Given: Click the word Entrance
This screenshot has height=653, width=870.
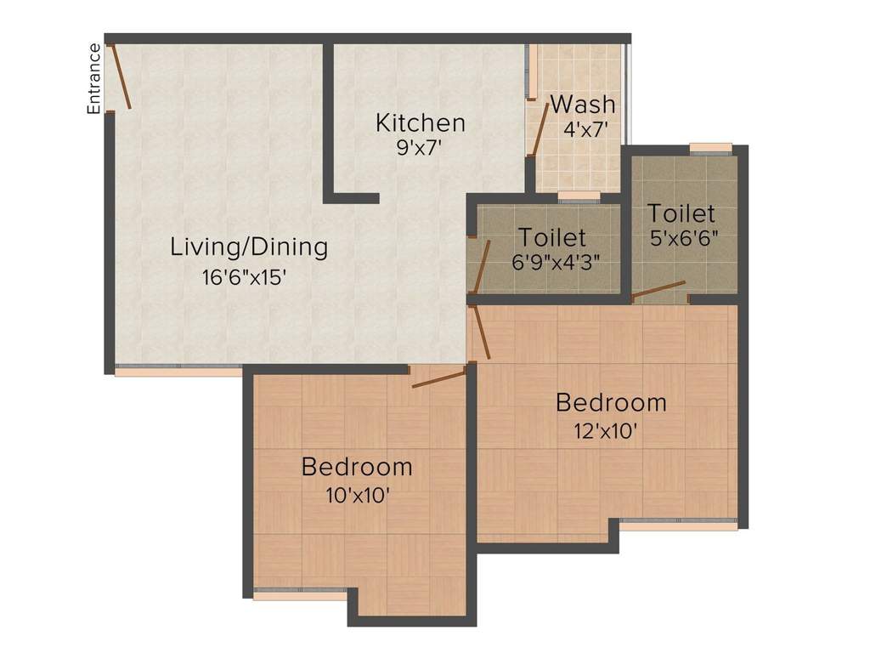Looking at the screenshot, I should [x=94, y=78].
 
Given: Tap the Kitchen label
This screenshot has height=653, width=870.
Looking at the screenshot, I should [x=421, y=122].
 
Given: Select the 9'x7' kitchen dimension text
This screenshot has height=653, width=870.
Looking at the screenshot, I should [x=420, y=146].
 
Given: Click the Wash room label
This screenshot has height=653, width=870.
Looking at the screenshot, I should [x=583, y=105].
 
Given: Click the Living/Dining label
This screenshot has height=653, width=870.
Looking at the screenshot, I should [x=249, y=247].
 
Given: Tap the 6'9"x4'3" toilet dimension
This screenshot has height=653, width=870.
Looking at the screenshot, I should [x=556, y=261].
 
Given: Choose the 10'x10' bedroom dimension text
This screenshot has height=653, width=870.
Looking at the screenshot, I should [x=357, y=495].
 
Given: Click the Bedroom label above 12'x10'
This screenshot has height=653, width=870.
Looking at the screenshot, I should [x=611, y=402].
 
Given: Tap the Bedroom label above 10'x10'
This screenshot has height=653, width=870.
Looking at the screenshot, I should [x=357, y=467].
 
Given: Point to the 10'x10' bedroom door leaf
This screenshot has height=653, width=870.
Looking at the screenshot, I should [x=439, y=378].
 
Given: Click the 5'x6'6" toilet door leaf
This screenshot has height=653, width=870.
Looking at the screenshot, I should [x=658, y=290].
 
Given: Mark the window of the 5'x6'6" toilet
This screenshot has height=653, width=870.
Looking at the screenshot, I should [x=710, y=148].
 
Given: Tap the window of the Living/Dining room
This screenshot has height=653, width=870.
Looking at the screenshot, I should [x=178, y=370].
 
